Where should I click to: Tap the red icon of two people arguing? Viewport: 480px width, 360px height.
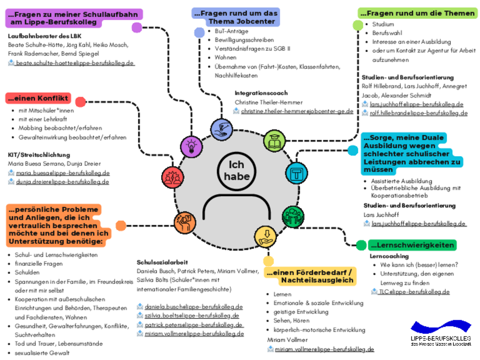click(172, 178)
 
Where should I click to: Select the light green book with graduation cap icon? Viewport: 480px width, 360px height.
click(274, 140)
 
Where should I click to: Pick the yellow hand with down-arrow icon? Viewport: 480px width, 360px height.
click(265, 236)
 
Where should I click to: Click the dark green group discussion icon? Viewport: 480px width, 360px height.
click(293, 217)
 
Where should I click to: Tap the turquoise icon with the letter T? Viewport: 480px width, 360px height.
click(296, 172)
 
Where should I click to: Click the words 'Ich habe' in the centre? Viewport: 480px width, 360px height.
click(236, 171)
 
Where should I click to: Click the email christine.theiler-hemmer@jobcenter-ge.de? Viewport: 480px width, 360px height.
click(297, 111)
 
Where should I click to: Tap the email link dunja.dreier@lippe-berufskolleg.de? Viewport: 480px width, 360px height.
click(62, 181)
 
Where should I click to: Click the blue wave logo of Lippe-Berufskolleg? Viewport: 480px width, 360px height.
click(441, 327)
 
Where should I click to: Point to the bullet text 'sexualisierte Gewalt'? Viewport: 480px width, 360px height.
click(42, 352)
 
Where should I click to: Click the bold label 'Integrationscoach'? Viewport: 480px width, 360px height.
click(261, 93)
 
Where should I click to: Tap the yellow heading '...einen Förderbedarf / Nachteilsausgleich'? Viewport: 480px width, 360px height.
click(310, 277)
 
